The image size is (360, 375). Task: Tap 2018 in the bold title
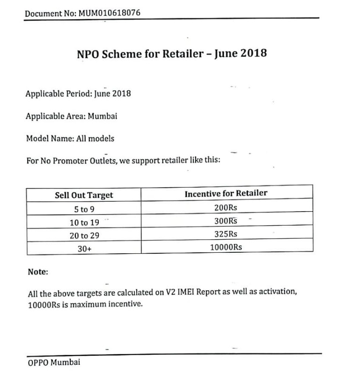[253, 53]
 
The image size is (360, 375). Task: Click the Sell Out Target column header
[84, 195]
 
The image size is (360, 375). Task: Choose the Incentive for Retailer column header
[226, 193]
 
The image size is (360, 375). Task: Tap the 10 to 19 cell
[84, 223]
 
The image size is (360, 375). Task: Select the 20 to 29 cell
[84, 236]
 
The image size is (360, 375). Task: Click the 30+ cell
[84, 250]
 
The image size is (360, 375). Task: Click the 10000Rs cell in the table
[226, 247]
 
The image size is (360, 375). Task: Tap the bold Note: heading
[38, 272]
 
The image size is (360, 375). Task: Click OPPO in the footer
[38, 362]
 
